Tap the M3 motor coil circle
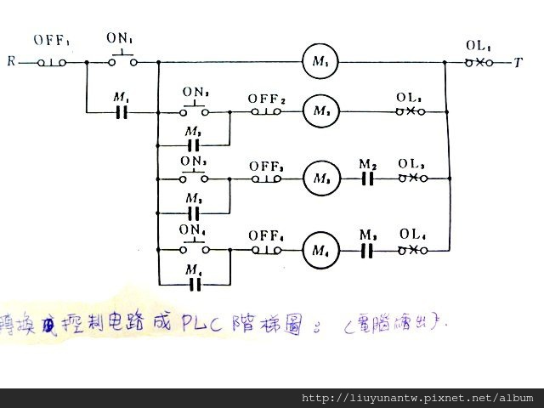[x=320, y=178]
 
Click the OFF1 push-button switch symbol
[x=53, y=62]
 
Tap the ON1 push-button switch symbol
[x=122, y=60]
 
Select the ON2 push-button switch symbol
[x=195, y=110]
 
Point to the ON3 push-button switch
[x=195, y=178]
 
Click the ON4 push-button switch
[x=195, y=248]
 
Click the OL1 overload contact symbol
[x=479, y=62]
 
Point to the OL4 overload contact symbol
[x=412, y=250]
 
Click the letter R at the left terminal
[x=10, y=62]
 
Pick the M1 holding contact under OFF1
[x=122, y=111]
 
